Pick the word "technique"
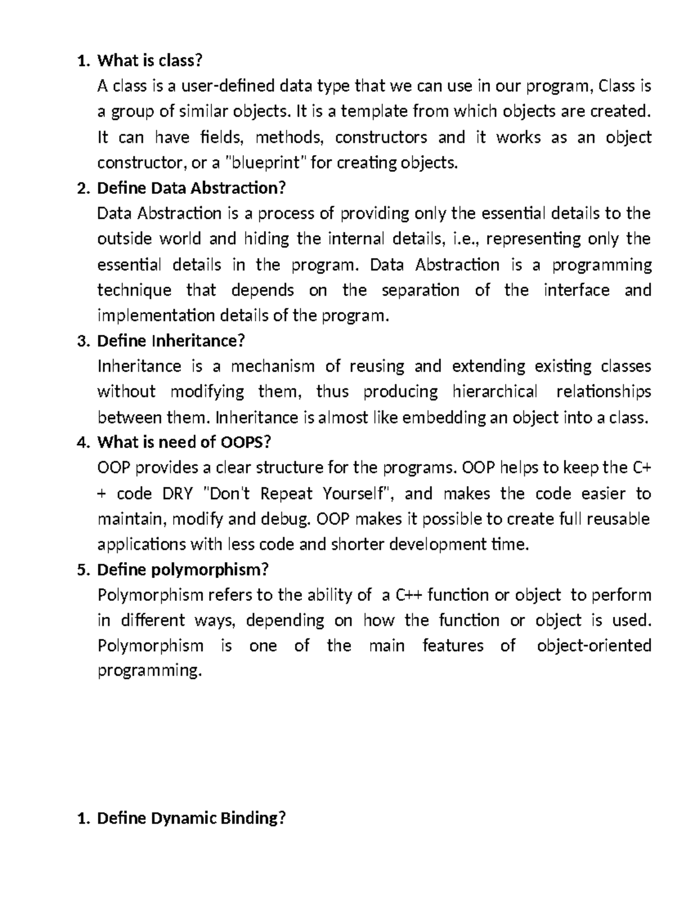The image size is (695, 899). click(134, 290)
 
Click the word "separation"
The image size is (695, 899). click(420, 290)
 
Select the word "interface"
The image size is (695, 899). click(576, 290)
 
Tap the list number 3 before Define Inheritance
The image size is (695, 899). click(81, 341)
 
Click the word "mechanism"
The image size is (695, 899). click(272, 366)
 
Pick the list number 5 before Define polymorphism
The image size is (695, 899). click(81, 570)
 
